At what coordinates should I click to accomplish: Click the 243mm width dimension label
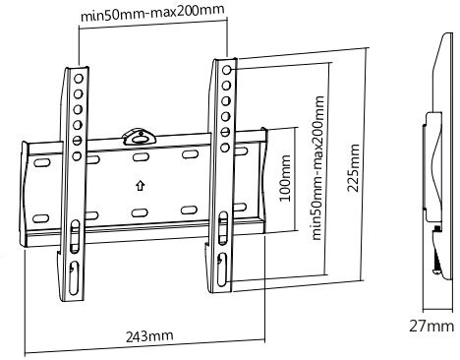(x=149, y=335)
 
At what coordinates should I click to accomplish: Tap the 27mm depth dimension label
(x=431, y=327)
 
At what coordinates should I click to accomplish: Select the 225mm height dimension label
(x=354, y=167)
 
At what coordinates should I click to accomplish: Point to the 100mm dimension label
(x=284, y=178)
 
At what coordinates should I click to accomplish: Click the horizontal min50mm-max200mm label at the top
(x=152, y=13)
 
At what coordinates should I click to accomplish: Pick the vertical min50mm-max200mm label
(x=317, y=168)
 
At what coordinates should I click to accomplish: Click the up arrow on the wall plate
(x=141, y=186)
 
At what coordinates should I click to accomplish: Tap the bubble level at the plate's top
(x=140, y=138)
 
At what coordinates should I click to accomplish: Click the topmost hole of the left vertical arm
(x=79, y=79)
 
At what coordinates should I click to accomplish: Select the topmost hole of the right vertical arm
(x=227, y=70)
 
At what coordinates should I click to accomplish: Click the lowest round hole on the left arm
(x=77, y=155)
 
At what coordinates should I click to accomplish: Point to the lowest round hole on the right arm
(x=225, y=148)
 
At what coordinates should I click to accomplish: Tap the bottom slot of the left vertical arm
(x=74, y=277)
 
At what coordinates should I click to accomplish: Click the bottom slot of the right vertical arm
(x=222, y=270)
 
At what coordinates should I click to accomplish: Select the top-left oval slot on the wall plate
(x=41, y=162)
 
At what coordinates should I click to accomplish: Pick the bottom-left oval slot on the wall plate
(x=41, y=218)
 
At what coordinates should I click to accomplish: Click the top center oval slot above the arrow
(x=141, y=156)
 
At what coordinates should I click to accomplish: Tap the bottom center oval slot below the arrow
(x=140, y=213)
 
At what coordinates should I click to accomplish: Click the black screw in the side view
(x=437, y=263)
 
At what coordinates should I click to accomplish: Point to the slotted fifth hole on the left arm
(x=77, y=141)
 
